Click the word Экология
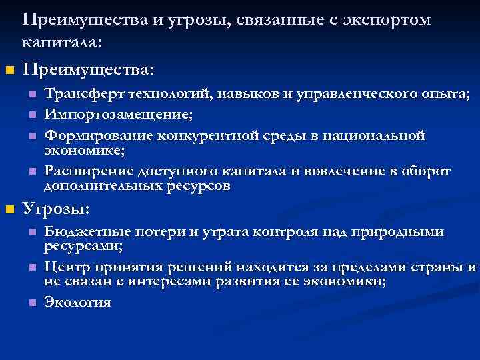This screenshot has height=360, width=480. point(77,302)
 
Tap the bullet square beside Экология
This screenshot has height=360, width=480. point(31,303)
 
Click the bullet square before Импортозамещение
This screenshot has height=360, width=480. point(31,117)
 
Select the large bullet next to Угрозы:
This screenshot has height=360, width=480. point(9,211)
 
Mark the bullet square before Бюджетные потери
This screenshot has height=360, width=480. point(31,233)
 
